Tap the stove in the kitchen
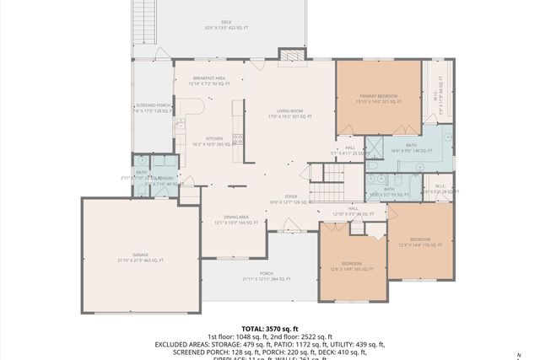(239, 140)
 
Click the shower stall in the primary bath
(435, 136)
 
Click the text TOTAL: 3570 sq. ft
(269, 328)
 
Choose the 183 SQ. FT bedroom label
(352, 266)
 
